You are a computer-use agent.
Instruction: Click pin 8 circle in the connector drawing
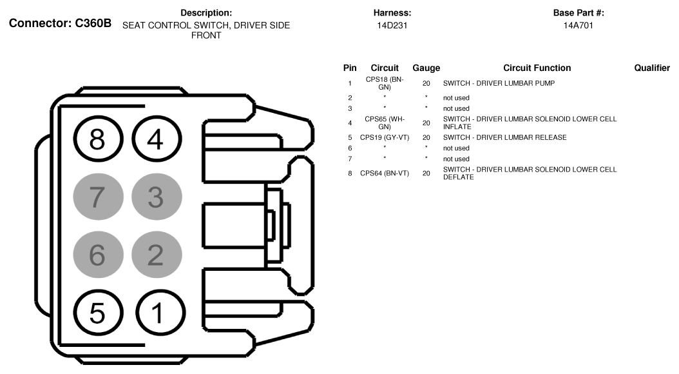(x=96, y=139)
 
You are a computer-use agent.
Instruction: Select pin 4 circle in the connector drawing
(x=155, y=139)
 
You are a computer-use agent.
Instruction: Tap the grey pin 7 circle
(x=96, y=197)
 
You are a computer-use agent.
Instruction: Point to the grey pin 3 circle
(x=155, y=197)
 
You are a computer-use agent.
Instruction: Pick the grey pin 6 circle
(x=96, y=255)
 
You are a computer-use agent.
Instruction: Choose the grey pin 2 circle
(x=155, y=255)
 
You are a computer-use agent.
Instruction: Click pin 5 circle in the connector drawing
(x=96, y=313)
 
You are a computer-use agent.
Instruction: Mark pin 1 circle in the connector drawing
(x=155, y=313)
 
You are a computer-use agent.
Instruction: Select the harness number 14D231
(x=392, y=25)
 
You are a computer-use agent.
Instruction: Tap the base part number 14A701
(x=579, y=25)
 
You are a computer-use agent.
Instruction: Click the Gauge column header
(x=426, y=68)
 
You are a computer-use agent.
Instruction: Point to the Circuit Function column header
(x=537, y=68)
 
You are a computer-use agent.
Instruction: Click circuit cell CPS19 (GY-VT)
(x=385, y=137)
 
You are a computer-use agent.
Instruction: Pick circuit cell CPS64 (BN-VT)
(x=385, y=173)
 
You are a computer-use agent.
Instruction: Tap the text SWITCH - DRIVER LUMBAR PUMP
(x=499, y=83)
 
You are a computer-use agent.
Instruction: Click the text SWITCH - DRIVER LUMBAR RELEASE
(x=505, y=137)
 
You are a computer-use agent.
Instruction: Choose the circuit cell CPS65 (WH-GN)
(x=385, y=123)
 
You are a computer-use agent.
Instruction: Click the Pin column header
(x=350, y=68)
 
